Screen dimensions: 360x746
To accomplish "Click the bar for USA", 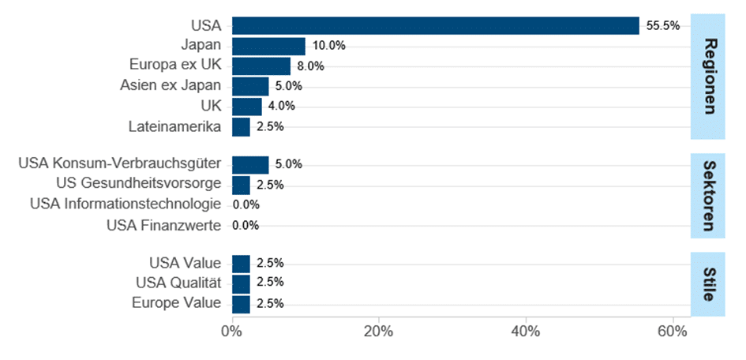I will (x=435, y=26).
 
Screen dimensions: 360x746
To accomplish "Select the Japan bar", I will (x=268, y=46).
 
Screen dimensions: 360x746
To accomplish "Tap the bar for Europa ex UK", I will (x=261, y=66).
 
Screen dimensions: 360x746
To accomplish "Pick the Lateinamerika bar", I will (x=241, y=126).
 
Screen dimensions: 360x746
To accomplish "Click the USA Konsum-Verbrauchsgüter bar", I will (x=250, y=164).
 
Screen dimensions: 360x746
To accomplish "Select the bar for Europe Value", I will (x=241, y=304).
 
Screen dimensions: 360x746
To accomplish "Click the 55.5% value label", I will (x=662, y=26).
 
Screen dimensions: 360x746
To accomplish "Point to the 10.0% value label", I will (x=328, y=46).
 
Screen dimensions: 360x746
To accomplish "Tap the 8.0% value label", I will (x=311, y=66).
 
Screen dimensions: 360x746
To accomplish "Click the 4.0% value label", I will (x=282, y=107).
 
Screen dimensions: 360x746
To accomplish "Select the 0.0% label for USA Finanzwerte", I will (x=246, y=225).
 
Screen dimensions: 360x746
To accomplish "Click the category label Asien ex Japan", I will (x=171, y=86).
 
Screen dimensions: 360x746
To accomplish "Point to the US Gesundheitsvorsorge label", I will (x=138, y=185).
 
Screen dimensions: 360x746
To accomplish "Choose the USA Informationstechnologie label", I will (x=126, y=204).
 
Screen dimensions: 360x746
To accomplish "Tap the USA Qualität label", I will (x=185, y=283).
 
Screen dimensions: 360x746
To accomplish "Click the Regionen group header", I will (x=708, y=77).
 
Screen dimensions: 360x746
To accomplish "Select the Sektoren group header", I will (x=708, y=195).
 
